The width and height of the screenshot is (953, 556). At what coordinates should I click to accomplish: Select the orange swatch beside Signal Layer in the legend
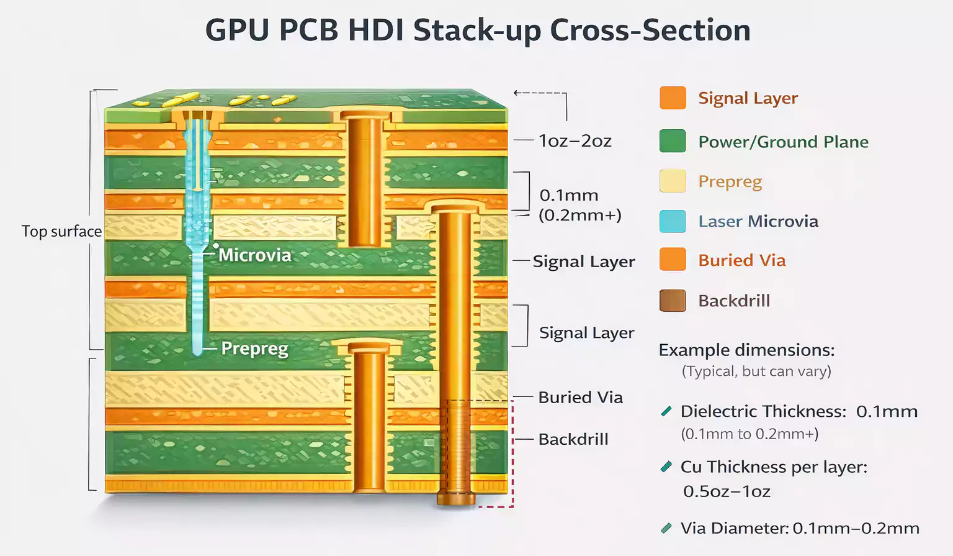pyautogui.click(x=673, y=98)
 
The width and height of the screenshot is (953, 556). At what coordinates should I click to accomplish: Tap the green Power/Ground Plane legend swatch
pyautogui.click(x=673, y=141)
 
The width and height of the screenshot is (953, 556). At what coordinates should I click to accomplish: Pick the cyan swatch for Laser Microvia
pyautogui.click(x=673, y=221)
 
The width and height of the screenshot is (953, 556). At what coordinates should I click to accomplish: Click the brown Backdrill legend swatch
pyautogui.click(x=673, y=301)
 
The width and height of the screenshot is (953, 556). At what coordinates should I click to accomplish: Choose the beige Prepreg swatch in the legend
pyautogui.click(x=673, y=181)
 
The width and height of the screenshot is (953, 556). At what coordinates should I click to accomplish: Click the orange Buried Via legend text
pyautogui.click(x=741, y=260)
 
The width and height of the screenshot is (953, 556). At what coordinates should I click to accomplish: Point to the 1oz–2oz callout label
pyautogui.click(x=575, y=141)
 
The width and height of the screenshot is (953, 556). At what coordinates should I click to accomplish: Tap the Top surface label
pyautogui.click(x=61, y=231)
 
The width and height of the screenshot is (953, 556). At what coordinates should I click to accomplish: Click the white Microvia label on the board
pyautogui.click(x=254, y=255)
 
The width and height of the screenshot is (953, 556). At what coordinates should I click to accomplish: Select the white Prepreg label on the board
pyautogui.click(x=254, y=349)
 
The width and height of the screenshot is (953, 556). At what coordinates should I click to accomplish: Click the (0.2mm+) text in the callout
pyautogui.click(x=579, y=215)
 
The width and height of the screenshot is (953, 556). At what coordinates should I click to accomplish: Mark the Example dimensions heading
pyautogui.click(x=746, y=350)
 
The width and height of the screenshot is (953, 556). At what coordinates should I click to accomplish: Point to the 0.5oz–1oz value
pyautogui.click(x=727, y=491)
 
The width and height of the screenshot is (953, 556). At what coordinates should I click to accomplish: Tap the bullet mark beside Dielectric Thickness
pyautogui.click(x=666, y=411)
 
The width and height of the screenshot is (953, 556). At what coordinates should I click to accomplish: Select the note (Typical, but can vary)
pyautogui.click(x=756, y=371)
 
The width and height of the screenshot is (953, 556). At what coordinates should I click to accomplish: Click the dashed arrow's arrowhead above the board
pyautogui.click(x=516, y=93)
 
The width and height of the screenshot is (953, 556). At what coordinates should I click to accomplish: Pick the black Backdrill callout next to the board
pyautogui.click(x=573, y=439)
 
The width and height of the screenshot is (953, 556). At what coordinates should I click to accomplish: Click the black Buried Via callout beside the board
pyautogui.click(x=580, y=398)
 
